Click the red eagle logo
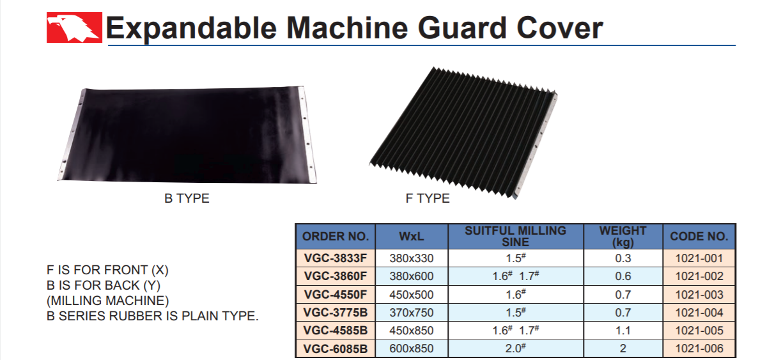click(74, 27)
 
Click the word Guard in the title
click(462, 28)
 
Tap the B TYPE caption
click(187, 198)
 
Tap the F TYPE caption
click(428, 198)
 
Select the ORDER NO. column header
click(336, 237)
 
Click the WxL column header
click(412, 237)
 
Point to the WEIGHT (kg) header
click(623, 237)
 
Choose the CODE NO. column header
click(699, 237)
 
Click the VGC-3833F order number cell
click(336, 258)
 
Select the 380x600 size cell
click(412, 276)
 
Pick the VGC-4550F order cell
click(336, 295)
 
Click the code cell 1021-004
click(699, 313)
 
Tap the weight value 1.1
click(623, 331)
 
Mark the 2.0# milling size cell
click(516, 348)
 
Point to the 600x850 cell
click(412, 348)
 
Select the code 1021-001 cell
click(699, 258)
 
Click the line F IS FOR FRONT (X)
click(107, 270)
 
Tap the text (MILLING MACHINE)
click(108, 301)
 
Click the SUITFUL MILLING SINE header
click(516, 237)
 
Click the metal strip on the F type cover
click(536, 145)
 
